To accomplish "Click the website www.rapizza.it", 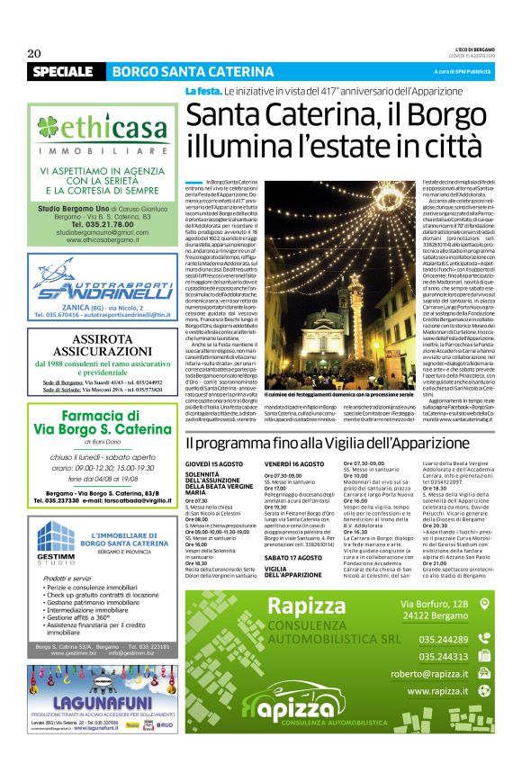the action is pos(442,691).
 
